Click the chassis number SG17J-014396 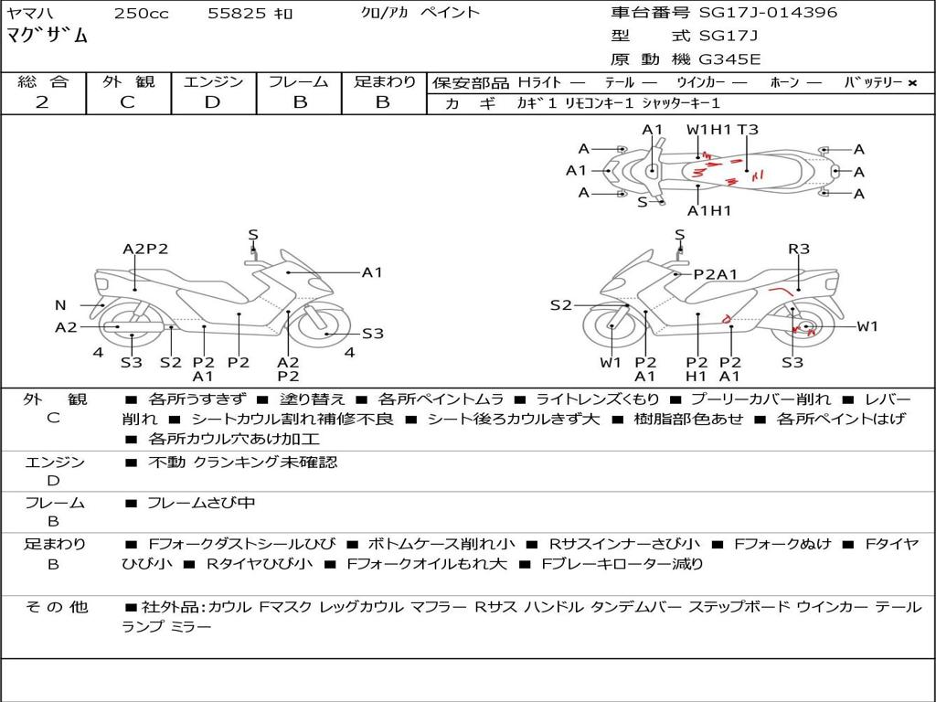pyautogui.click(x=768, y=12)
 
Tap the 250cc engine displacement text pyautogui.click(x=141, y=13)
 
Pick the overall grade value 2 pyautogui.click(x=42, y=102)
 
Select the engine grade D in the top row pyautogui.click(x=212, y=102)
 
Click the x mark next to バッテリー pyautogui.click(x=912, y=83)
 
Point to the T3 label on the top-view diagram pyautogui.click(x=748, y=130)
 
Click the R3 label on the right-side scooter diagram pyautogui.click(x=799, y=249)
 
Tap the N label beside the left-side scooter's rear pyautogui.click(x=60, y=305)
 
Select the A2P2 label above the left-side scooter pyautogui.click(x=145, y=249)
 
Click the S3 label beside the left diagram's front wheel pyautogui.click(x=373, y=334)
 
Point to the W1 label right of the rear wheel pyautogui.click(x=867, y=326)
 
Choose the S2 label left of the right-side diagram pyautogui.click(x=561, y=305)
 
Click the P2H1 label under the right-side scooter pyautogui.click(x=696, y=369)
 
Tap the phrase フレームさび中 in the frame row pyautogui.click(x=201, y=504)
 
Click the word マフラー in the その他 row pyautogui.click(x=439, y=608)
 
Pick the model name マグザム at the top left pyautogui.click(x=48, y=36)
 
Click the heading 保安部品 pyautogui.click(x=471, y=83)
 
